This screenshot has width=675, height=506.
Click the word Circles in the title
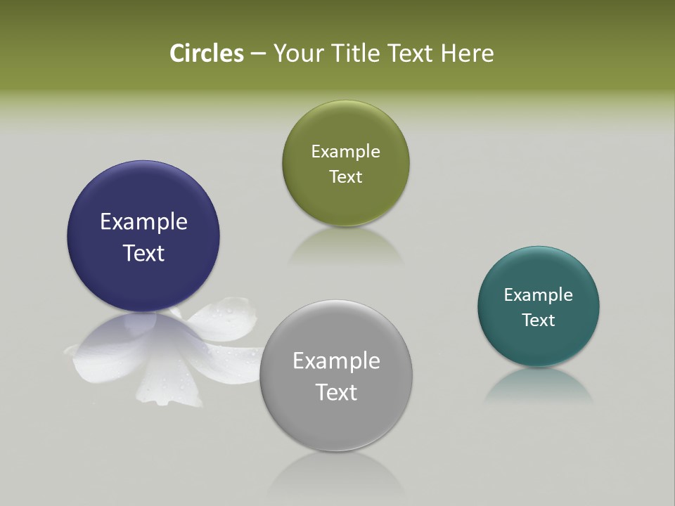(206, 53)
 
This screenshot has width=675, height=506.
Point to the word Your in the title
(297, 53)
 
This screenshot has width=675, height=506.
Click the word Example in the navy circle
(143, 222)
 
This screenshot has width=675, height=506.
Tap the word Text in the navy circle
(143, 253)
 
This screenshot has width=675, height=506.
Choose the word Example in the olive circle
(345, 152)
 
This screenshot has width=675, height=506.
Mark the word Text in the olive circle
(345, 176)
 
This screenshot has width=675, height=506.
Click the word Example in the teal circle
(539, 295)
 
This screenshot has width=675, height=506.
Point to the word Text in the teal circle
(539, 320)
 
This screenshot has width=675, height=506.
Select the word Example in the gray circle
(336, 361)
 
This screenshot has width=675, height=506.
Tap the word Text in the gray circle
(336, 392)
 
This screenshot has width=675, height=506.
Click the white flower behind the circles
(225, 323)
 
